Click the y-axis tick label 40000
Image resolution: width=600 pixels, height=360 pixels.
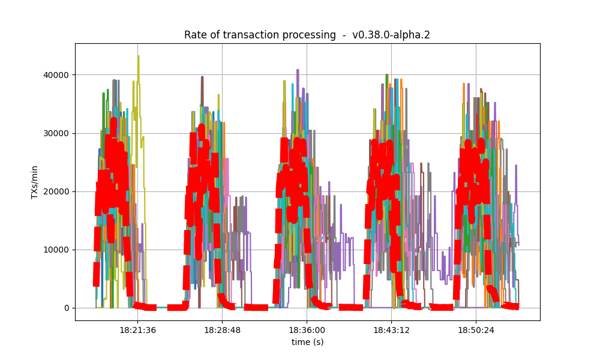(56, 75)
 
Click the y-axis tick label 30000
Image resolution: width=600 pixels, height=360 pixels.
(56, 133)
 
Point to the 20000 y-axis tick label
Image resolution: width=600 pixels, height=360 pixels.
(56, 191)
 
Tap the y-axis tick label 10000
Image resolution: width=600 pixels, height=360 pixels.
(56, 250)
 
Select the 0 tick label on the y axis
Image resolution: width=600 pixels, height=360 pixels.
(65, 308)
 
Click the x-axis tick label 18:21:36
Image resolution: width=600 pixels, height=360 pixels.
(137, 330)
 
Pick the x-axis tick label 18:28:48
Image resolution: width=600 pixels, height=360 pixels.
(222, 330)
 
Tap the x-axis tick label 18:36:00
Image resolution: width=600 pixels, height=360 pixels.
(307, 330)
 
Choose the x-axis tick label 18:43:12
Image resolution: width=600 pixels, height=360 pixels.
(391, 330)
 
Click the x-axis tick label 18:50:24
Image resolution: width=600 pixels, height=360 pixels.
(476, 330)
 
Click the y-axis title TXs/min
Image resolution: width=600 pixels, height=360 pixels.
(35, 182)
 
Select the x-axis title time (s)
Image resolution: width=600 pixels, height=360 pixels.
(307, 342)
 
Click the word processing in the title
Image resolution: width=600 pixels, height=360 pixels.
(310, 35)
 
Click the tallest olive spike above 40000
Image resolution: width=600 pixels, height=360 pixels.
(139, 56)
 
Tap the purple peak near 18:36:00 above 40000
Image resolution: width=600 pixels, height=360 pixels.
(298, 70)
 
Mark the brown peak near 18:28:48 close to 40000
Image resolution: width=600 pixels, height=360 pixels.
(202, 77)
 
